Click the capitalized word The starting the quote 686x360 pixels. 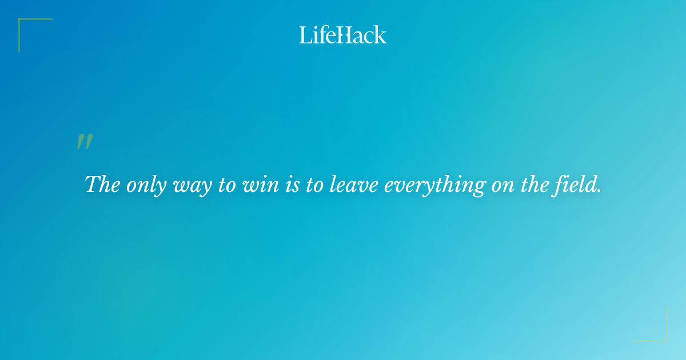[103, 185]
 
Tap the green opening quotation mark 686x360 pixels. [85, 142]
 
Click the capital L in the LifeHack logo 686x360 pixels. [305, 35]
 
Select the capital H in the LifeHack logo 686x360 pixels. [342, 35]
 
